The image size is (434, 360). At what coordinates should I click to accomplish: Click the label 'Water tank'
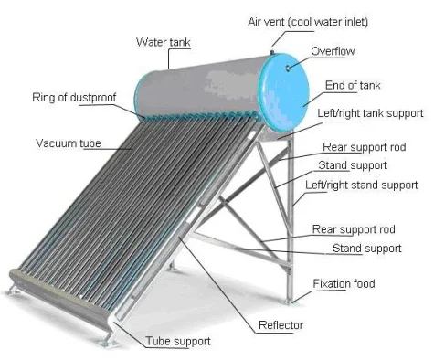[163, 42]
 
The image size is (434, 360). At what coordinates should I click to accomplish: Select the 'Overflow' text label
[332, 51]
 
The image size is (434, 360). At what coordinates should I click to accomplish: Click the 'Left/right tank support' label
[370, 113]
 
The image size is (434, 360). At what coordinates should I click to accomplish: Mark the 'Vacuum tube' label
[69, 143]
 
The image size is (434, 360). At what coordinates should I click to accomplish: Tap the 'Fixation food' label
[344, 284]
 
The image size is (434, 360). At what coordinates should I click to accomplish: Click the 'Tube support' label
[179, 341]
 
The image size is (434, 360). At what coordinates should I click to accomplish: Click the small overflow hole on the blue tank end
[289, 66]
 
